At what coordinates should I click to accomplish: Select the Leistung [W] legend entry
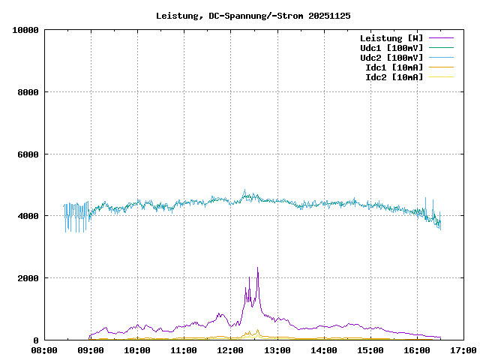[391, 37]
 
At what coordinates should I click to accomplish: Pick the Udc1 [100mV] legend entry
[391, 47]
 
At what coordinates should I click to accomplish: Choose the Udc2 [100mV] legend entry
[391, 57]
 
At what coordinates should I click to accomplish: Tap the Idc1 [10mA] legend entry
[394, 67]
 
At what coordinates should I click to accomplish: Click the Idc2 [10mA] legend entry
[394, 76]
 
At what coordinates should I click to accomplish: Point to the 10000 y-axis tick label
[25, 30]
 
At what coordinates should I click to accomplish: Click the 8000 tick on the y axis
[28, 92]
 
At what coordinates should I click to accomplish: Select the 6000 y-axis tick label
[28, 154]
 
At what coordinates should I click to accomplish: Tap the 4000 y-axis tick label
[28, 216]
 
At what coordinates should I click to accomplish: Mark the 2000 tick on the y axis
[28, 278]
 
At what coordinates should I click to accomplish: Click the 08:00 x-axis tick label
[44, 350]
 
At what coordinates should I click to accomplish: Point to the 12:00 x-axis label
[231, 350]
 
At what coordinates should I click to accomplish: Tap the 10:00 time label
[138, 350]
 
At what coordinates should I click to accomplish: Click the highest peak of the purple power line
[257, 268]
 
